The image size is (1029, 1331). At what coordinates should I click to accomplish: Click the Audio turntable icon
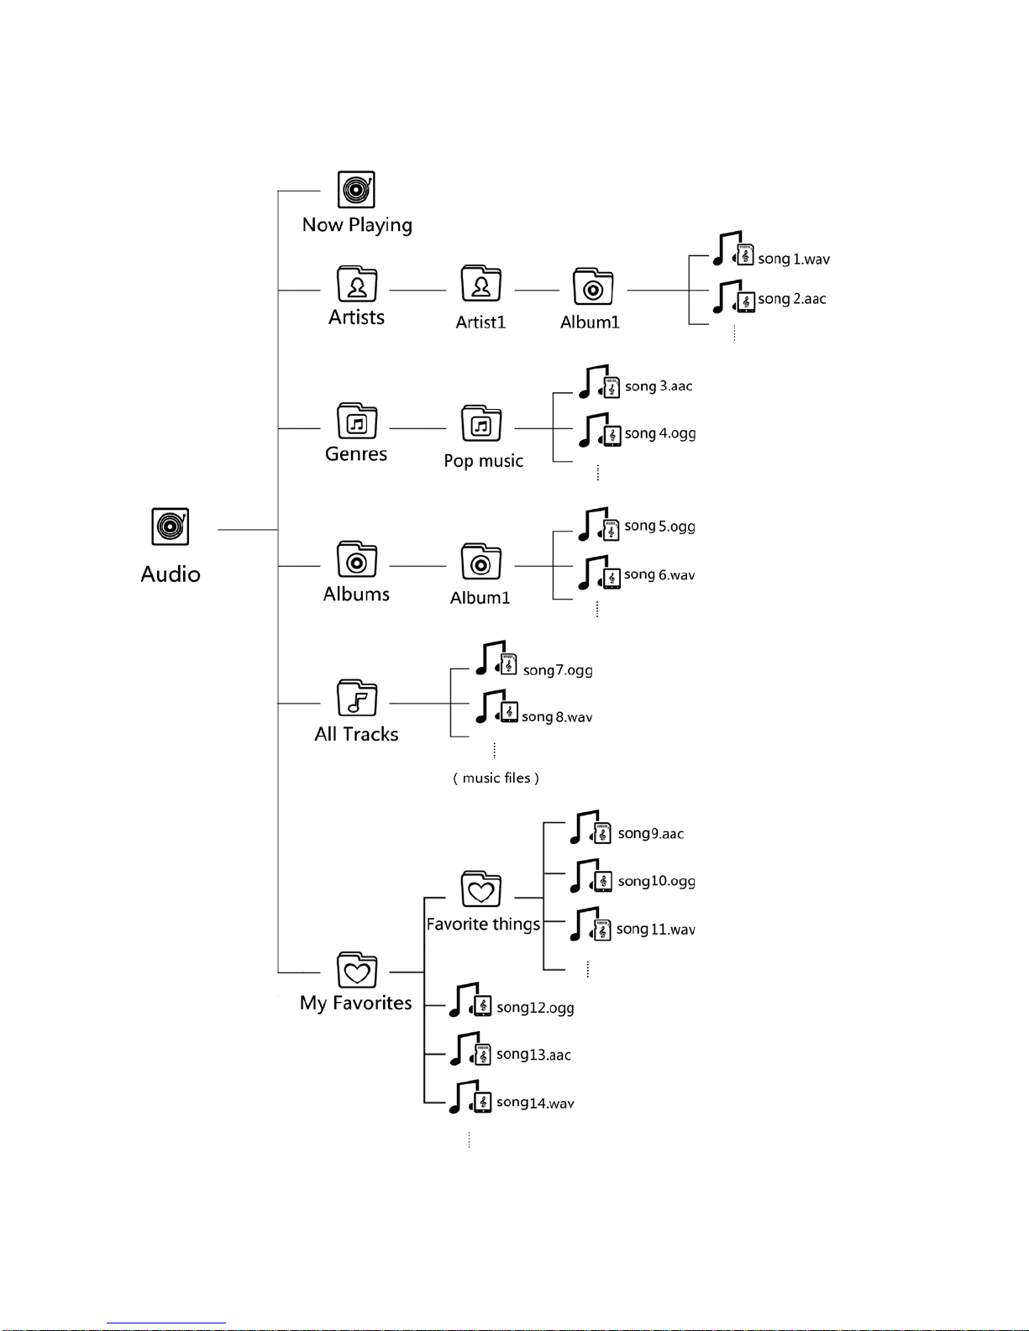(171, 527)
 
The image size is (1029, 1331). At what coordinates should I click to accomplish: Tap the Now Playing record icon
(356, 190)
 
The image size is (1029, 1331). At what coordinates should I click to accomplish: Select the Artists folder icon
(357, 284)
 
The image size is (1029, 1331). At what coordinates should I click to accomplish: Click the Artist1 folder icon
(480, 284)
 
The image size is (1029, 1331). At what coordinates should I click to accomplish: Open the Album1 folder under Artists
(593, 286)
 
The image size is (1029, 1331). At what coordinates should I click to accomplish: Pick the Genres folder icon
(357, 421)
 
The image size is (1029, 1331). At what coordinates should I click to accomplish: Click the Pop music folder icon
(480, 423)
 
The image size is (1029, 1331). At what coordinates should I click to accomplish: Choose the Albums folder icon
(357, 559)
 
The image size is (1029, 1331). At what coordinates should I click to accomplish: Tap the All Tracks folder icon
(357, 698)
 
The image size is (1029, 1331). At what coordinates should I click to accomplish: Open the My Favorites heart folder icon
(357, 970)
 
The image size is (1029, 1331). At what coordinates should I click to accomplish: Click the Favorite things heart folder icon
(480, 888)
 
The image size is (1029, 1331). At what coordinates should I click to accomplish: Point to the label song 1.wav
(794, 259)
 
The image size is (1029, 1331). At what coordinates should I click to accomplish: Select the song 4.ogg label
(660, 433)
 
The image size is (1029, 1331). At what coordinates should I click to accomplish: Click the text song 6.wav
(659, 574)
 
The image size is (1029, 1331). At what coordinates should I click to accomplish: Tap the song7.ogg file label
(558, 670)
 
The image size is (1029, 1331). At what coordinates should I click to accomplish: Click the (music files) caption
(496, 778)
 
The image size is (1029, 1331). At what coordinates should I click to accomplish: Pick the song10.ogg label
(657, 882)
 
